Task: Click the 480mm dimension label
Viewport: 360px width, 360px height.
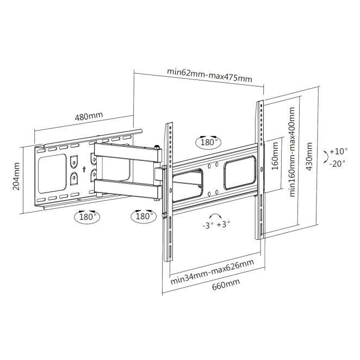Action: pyautogui.click(x=89, y=116)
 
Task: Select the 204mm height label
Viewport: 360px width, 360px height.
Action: pyautogui.click(x=16, y=176)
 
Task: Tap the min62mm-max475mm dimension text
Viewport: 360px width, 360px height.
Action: pyautogui.click(x=209, y=75)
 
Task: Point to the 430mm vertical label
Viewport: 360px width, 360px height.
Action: pyautogui.click(x=310, y=157)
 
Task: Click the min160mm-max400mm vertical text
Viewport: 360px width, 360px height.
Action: pyautogui.click(x=292, y=152)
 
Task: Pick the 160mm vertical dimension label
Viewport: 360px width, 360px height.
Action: pyautogui.click(x=275, y=156)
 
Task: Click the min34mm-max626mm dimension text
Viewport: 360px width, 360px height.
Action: pyautogui.click(x=212, y=272)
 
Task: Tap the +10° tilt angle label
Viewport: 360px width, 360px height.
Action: pyautogui.click(x=339, y=151)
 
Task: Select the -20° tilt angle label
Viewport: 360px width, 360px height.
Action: pyautogui.click(x=337, y=164)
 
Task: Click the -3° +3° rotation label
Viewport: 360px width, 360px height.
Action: pyautogui.click(x=216, y=225)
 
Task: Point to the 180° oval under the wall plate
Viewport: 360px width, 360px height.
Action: pyautogui.click(x=87, y=216)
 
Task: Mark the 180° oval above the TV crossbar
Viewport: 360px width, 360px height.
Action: pyautogui.click(x=208, y=142)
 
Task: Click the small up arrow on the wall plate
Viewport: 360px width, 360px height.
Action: pyautogui.click(x=84, y=169)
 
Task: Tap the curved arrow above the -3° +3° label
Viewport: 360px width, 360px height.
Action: pyautogui.click(x=215, y=216)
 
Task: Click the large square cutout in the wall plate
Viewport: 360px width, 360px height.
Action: pyautogui.click(x=52, y=173)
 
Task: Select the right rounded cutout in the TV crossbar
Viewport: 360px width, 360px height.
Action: pyautogui.click(x=240, y=172)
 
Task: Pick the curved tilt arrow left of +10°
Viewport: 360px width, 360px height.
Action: pyautogui.click(x=326, y=157)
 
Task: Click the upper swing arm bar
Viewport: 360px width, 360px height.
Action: pyautogui.click(x=128, y=152)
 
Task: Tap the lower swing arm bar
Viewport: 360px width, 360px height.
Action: pyautogui.click(x=128, y=189)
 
